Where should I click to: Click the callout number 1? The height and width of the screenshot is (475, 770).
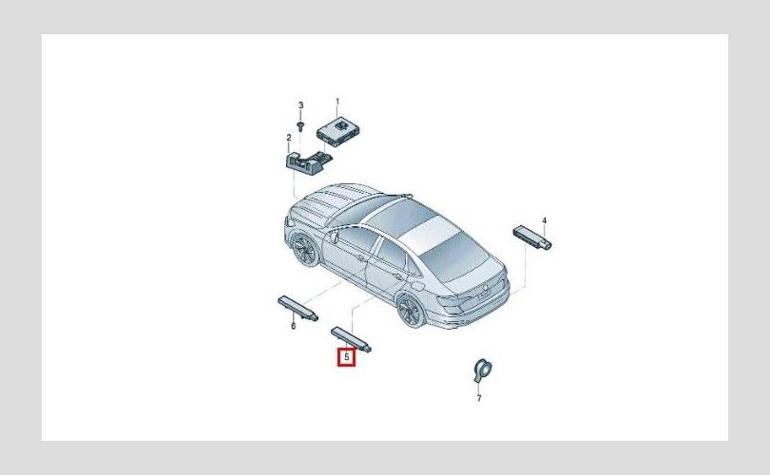[x=337, y=102]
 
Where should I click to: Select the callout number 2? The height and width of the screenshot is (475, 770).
[x=289, y=138]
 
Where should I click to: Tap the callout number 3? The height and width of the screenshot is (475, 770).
[x=301, y=105]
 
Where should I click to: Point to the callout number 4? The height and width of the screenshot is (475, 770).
[x=544, y=220]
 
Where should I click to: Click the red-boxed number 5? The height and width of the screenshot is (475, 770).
[x=347, y=357]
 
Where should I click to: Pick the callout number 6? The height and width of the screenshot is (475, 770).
[x=293, y=326]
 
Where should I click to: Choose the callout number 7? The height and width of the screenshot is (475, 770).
[x=479, y=398]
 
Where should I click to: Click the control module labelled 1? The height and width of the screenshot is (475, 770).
[x=338, y=131]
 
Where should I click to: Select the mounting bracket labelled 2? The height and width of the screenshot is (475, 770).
[x=307, y=161]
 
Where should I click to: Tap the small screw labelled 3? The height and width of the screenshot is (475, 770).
[x=301, y=123]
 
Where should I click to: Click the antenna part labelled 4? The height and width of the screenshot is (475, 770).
[x=532, y=237]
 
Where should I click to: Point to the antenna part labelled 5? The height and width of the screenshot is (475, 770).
[x=351, y=339]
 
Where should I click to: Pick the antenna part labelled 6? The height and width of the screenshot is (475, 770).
[x=298, y=308]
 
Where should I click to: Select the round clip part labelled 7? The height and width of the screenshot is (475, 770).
[x=482, y=370]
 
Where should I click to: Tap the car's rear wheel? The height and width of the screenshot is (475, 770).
[x=411, y=310]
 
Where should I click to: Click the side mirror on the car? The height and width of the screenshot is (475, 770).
[x=335, y=237]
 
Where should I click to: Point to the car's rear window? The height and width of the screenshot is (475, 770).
[x=455, y=257]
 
